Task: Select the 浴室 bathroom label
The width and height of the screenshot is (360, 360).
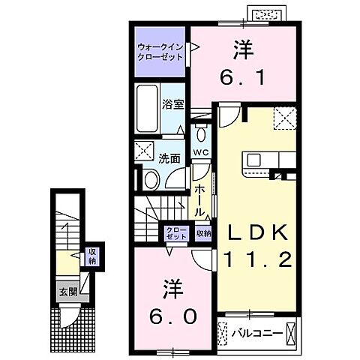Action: pos(174,104)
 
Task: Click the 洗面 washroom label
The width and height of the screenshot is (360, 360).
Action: pos(169,158)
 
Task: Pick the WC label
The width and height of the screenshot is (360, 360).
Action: pos(199,153)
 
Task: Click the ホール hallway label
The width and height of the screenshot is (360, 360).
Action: pos(199,200)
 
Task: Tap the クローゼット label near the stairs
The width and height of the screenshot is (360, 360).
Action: pos(176,232)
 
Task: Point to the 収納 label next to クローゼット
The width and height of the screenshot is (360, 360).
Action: pos(203,233)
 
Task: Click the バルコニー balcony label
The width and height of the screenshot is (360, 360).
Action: pos(256,330)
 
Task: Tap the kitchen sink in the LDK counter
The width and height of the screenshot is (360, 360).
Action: pos(253,160)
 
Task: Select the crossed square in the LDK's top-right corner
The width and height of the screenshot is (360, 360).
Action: pos(284,117)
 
